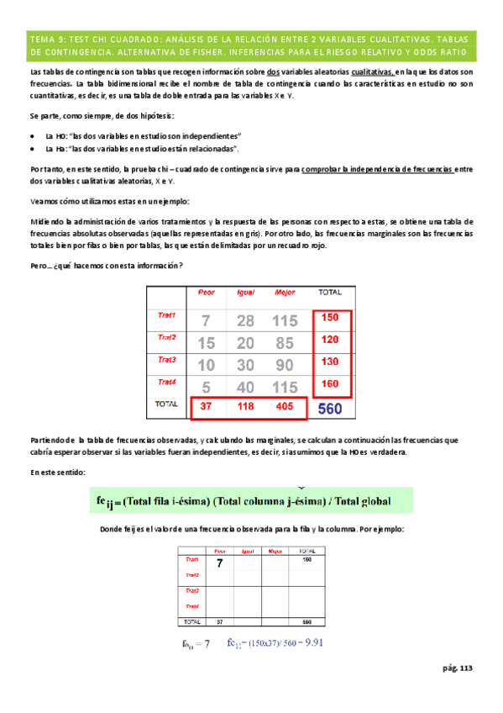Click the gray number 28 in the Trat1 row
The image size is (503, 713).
tap(245, 321)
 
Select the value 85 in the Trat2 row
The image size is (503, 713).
tap(284, 343)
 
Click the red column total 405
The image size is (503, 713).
tap(285, 407)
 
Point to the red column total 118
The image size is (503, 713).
tap(245, 407)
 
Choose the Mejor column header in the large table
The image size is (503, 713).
tap(285, 293)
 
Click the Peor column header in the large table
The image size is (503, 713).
tap(206, 293)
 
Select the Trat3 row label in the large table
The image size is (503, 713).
tap(167, 359)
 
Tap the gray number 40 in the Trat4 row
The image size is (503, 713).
tap(245, 388)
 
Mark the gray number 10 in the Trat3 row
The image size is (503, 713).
tap(207, 366)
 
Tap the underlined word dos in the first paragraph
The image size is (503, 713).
tap(272, 73)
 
